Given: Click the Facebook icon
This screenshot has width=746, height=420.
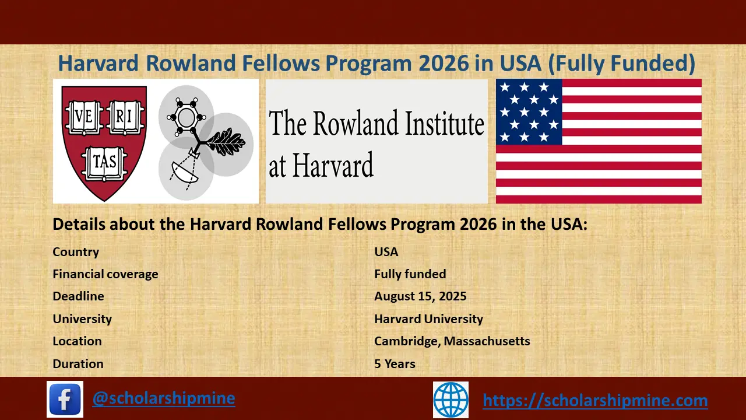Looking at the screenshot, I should pos(65,399).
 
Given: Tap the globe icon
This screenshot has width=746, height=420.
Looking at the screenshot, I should pos(451,400).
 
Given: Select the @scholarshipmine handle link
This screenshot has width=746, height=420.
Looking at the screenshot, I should pos(164,398).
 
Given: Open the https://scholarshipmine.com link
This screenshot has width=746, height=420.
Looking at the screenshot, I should pos(595,400).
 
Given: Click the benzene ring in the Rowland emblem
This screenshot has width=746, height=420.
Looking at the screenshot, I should pos(186,118).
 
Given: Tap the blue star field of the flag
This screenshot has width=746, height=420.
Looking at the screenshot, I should pos(529,112).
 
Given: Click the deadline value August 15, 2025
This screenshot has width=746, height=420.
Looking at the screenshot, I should pos(420,296).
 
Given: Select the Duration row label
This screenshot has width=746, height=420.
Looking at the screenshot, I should pos(78,364).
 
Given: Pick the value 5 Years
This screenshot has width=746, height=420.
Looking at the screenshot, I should pos(395,364).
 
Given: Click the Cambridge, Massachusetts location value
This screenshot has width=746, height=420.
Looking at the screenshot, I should pos(452,341).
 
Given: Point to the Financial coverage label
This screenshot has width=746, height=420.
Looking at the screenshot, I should pos(105,274).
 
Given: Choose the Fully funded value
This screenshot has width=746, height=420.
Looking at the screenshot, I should pos(410,274).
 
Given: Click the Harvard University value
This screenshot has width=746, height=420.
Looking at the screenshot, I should pos(428,319).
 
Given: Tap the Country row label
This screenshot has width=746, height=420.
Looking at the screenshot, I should pos(76,252).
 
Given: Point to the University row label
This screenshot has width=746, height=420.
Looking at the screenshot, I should pos(82,319).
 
